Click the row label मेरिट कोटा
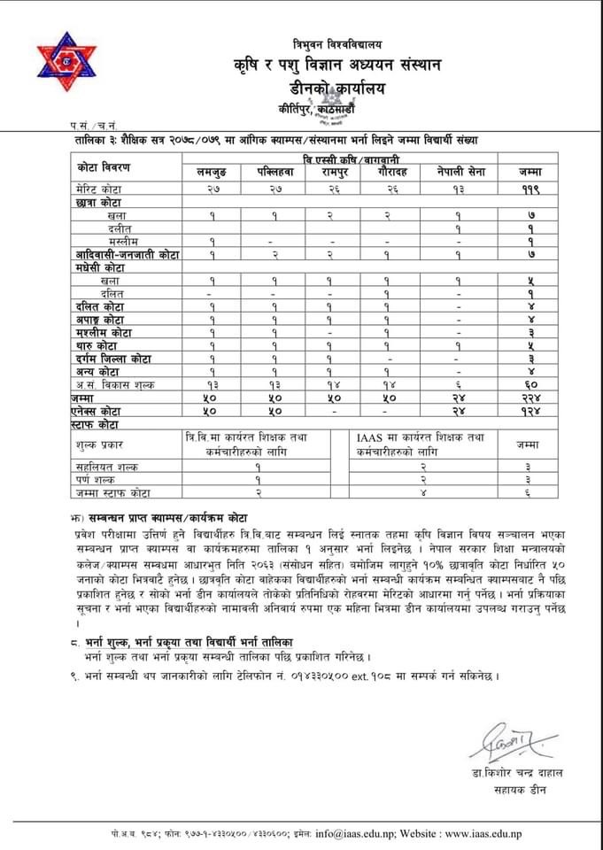point(100,189)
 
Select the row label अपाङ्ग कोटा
point(99,319)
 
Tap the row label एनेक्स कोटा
point(100,412)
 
